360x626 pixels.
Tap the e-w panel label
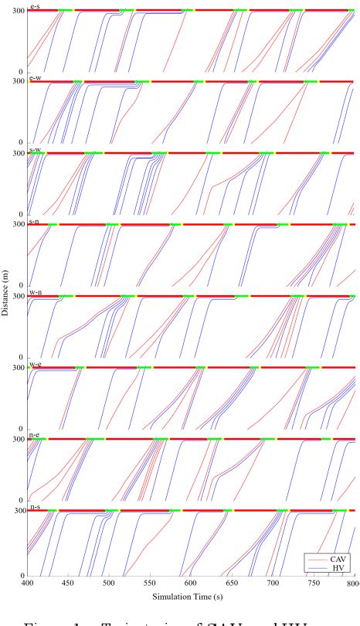(x=35, y=77)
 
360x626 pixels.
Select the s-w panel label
(x=35, y=149)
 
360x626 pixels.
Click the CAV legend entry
(x=338, y=558)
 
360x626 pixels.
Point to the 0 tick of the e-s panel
(x=22, y=72)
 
